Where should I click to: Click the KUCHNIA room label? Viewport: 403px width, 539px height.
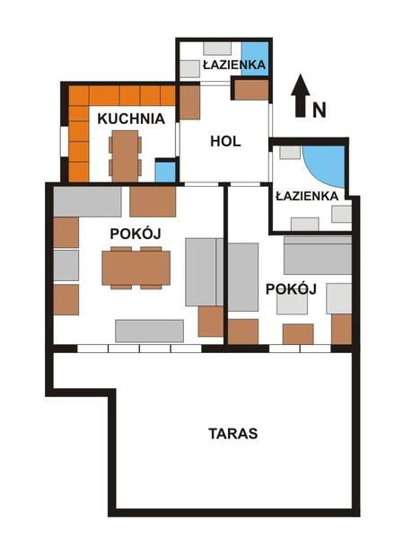[x=131, y=118]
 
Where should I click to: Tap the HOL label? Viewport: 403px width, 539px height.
[x=225, y=140]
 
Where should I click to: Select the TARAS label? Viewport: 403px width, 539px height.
[x=232, y=433]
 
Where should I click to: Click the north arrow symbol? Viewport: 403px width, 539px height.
[x=302, y=94]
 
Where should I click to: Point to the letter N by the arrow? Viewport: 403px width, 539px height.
[x=319, y=110]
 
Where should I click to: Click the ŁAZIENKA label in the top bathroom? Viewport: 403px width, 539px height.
[x=233, y=65]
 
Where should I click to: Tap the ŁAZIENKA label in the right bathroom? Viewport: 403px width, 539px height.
[x=307, y=195]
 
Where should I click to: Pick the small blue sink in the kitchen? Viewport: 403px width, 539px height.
[x=165, y=171]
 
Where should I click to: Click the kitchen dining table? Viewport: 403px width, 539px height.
[x=125, y=154]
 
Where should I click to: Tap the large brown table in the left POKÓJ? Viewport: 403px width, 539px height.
[x=136, y=267]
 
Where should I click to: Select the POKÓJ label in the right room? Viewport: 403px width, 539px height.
[x=292, y=288]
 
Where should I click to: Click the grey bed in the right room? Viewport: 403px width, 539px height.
[x=317, y=256]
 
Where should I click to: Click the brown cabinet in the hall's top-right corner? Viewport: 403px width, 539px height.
[x=251, y=89]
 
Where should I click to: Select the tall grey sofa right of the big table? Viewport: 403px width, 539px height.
[x=204, y=271]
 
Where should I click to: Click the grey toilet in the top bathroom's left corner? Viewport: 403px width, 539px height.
[x=189, y=68]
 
